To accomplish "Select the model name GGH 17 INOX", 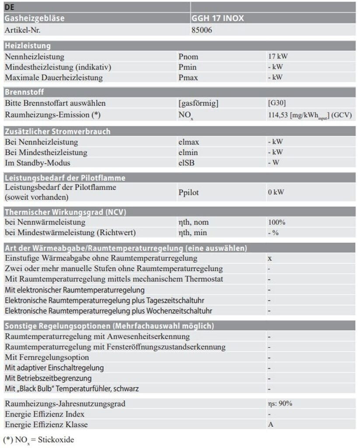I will point(218,19).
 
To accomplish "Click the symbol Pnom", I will point(189,56).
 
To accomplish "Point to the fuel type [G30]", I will point(277,103).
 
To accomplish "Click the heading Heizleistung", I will point(28,45).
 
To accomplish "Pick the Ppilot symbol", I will point(191,192).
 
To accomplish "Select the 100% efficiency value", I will point(276,222).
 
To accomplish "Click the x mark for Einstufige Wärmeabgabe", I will point(269,259).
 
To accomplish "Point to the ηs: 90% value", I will point(280,403).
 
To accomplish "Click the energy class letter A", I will point(270,424).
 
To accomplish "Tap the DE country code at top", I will point(10,7).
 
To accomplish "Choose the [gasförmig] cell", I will point(198,103).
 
